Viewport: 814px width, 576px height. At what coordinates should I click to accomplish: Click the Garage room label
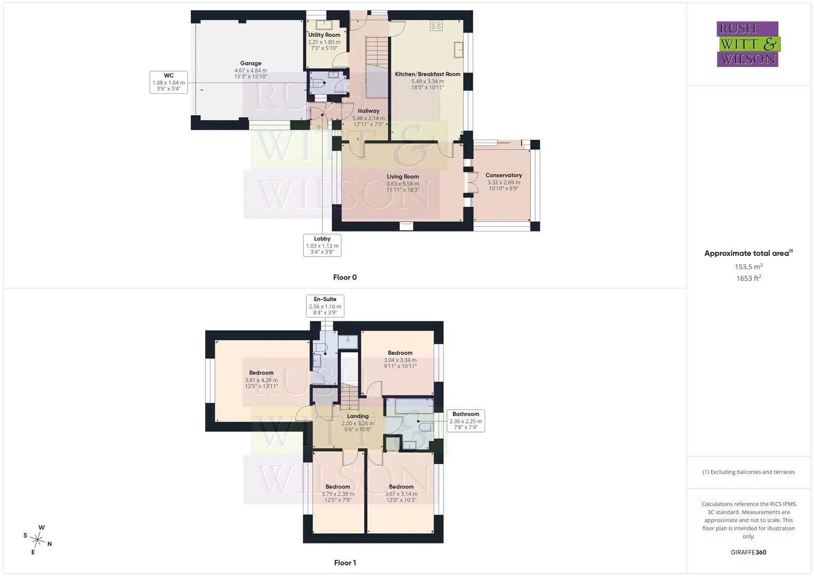251,63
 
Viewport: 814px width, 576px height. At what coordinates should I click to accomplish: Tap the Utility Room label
324,35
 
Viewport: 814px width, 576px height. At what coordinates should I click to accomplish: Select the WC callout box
168,82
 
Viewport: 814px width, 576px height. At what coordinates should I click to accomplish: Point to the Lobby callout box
323,245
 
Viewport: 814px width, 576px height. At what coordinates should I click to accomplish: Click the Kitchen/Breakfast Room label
428,74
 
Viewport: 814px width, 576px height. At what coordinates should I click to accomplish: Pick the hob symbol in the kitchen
437,26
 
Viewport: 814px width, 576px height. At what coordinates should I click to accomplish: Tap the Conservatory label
504,175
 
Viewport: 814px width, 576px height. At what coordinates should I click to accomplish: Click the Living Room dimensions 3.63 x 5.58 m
402,184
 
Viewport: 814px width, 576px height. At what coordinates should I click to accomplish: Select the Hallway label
368,111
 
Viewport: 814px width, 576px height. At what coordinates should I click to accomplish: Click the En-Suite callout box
325,306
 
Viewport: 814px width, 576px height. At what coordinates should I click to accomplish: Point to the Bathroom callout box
466,421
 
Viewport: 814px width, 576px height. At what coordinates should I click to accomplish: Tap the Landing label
358,416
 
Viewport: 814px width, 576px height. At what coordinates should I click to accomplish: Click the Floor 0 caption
345,277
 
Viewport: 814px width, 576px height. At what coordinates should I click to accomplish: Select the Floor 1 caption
345,563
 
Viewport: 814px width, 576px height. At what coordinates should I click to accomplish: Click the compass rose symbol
37,540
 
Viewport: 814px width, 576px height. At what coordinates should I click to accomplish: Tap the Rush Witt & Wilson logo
748,44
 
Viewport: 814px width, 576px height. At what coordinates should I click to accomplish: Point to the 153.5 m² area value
748,267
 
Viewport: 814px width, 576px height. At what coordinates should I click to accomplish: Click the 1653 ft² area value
748,278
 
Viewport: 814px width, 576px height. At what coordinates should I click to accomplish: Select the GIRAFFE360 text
748,553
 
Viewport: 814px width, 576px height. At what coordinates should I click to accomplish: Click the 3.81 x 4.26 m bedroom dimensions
261,380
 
